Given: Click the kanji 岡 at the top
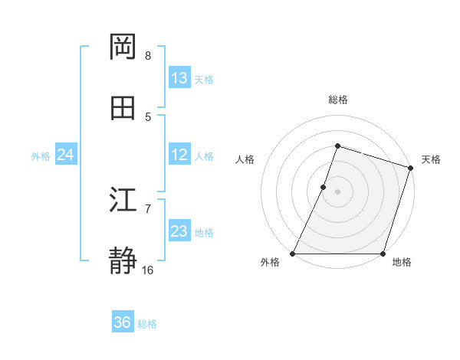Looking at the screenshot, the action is [x=123, y=47].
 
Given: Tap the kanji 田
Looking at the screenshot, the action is [x=123, y=108].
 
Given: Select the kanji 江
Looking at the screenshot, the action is [x=123, y=200].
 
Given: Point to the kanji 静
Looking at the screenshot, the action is [x=123, y=261].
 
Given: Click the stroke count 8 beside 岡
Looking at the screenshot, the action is [x=148, y=55].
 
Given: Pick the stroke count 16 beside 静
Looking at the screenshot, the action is [x=148, y=270].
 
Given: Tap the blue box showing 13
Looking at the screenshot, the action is [x=179, y=78].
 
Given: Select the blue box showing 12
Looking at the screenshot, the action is [x=179, y=155].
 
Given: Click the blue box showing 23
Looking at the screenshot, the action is [x=179, y=231].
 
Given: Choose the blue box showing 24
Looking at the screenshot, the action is [x=65, y=155].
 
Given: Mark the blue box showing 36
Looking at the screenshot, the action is [x=123, y=322].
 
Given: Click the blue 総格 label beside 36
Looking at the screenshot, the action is [x=147, y=324].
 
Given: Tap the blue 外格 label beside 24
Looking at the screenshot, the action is [x=41, y=156].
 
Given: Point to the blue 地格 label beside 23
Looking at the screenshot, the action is [x=204, y=233].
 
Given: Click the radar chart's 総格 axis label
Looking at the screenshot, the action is [x=337, y=100].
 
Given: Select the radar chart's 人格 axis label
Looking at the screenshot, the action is [x=245, y=159].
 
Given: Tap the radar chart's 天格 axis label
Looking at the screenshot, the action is [x=431, y=159].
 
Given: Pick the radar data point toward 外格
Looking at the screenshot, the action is [x=293, y=254].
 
